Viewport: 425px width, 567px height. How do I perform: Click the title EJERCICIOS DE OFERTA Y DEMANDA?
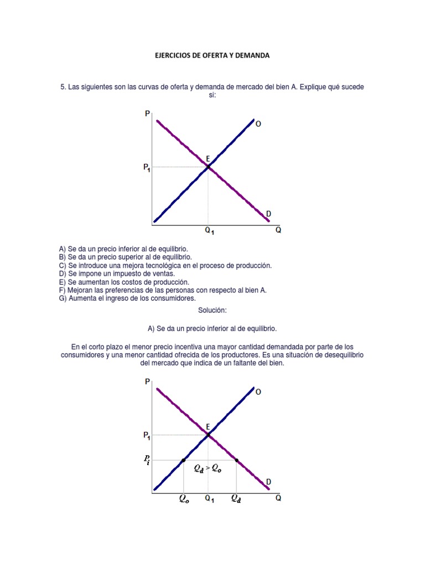212,56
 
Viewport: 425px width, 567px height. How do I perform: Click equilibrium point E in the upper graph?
208,166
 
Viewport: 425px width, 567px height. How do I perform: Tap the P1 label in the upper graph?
147,169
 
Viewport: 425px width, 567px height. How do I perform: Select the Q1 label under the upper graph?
210,232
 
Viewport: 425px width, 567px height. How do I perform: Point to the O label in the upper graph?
258,125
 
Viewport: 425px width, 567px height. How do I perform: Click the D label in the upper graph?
269,214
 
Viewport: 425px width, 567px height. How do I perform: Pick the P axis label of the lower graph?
147,382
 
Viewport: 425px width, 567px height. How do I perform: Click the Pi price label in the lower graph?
147,460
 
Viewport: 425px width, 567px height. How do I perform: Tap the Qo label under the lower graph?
183,498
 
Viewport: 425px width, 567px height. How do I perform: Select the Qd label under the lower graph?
236,498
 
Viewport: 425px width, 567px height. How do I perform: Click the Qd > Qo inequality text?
208,468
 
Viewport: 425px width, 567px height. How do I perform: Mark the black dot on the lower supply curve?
183,460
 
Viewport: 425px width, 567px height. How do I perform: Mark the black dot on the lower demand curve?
237,460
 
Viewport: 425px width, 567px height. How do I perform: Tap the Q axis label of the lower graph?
278,498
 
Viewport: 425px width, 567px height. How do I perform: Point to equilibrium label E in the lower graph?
208,426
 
